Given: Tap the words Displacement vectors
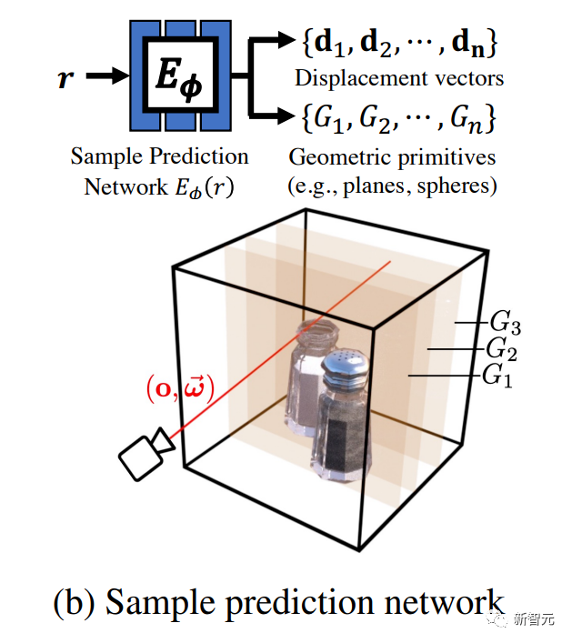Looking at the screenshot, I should pyautogui.click(x=399, y=78).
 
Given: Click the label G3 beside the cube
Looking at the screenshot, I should pyautogui.click(x=506, y=322).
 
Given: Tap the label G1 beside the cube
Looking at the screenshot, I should pyautogui.click(x=497, y=375).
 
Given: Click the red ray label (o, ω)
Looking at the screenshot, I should pyautogui.click(x=179, y=390).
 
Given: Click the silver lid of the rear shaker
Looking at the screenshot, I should pyautogui.click(x=316, y=336).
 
